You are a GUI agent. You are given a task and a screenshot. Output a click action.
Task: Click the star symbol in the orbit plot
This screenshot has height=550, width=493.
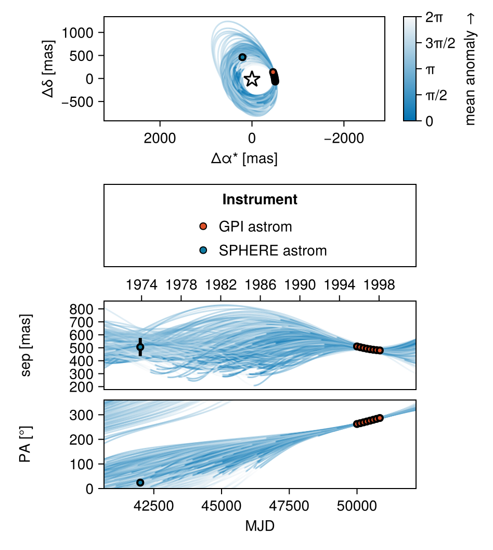coord(252,79)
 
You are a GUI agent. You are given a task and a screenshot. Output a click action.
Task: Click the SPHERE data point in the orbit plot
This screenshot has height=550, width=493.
coord(242,57)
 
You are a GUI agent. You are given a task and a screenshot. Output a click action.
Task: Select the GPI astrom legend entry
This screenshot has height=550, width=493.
coord(245,227)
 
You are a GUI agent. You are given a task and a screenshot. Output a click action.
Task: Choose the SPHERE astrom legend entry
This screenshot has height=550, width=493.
coord(263,251)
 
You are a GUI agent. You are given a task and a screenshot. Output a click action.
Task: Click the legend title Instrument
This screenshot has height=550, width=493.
coord(260,199)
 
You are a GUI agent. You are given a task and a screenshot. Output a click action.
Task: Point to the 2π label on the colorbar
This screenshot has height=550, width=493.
coord(434,17)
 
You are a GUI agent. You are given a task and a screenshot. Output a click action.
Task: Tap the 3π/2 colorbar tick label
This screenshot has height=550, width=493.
coord(440,44)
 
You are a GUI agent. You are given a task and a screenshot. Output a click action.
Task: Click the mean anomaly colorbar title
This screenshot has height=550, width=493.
coord(470,69)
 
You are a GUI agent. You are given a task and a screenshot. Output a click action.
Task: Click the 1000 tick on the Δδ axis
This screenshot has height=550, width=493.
coord(77,33)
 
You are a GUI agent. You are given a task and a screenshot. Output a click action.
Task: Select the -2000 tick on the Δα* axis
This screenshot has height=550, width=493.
coord(344,138)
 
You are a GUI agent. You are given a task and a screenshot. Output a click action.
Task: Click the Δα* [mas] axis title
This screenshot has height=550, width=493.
coord(244,158)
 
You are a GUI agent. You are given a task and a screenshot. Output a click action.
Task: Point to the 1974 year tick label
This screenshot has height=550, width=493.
coord(141,285)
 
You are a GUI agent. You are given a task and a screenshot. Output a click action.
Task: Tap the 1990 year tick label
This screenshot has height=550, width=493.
coord(300,285)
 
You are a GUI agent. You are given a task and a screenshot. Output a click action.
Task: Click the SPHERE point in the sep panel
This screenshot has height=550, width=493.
coord(140,347)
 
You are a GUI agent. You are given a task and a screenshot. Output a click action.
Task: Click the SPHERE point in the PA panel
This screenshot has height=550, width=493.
coord(140,483)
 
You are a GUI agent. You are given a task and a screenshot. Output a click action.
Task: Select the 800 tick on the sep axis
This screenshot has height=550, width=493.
coord(82,309)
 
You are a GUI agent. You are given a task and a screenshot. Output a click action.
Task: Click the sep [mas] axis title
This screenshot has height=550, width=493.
coord(26,345)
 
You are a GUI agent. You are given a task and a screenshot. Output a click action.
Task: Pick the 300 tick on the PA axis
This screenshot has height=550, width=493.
coord(82,415)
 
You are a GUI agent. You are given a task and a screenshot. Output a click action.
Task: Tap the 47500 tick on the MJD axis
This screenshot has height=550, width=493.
coord(289,506)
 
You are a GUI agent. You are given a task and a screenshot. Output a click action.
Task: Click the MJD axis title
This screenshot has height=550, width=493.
coord(260,526)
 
